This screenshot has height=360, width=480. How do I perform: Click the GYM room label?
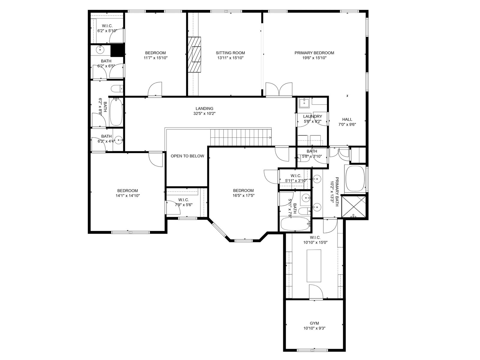pyautogui.click(x=314, y=323)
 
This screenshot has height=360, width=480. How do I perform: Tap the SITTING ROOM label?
pyautogui.click(x=230, y=53)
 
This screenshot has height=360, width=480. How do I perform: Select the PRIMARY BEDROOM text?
pyautogui.click(x=314, y=53)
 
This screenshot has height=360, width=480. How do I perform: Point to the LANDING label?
pyautogui.click(x=205, y=108)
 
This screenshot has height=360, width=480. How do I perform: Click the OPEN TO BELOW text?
pyautogui.click(x=187, y=156)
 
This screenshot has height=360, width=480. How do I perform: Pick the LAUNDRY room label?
pyautogui.click(x=313, y=116)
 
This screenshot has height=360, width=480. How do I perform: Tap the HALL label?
pyautogui.click(x=347, y=119)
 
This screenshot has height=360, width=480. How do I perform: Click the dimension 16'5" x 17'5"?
pyautogui.click(x=243, y=196)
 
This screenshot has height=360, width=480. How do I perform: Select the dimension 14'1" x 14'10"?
pyautogui.click(x=128, y=196)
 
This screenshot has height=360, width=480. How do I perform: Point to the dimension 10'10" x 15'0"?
pyautogui.click(x=315, y=242)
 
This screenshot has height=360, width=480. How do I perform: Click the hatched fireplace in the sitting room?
pyautogui.click(x=194, y=55)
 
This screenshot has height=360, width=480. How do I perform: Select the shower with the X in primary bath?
pyautogui.click(x=353, y=207)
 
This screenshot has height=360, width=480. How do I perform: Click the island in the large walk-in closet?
pyautogui.click(x=314, y=266)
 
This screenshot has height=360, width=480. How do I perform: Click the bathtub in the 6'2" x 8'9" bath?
pyautogui.click(x=116, y=112)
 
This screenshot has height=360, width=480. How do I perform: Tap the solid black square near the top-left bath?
pyautogui.click(x=117, y=50)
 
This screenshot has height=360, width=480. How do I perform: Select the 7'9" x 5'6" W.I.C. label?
pyautogui.click(x=184, y=202)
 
